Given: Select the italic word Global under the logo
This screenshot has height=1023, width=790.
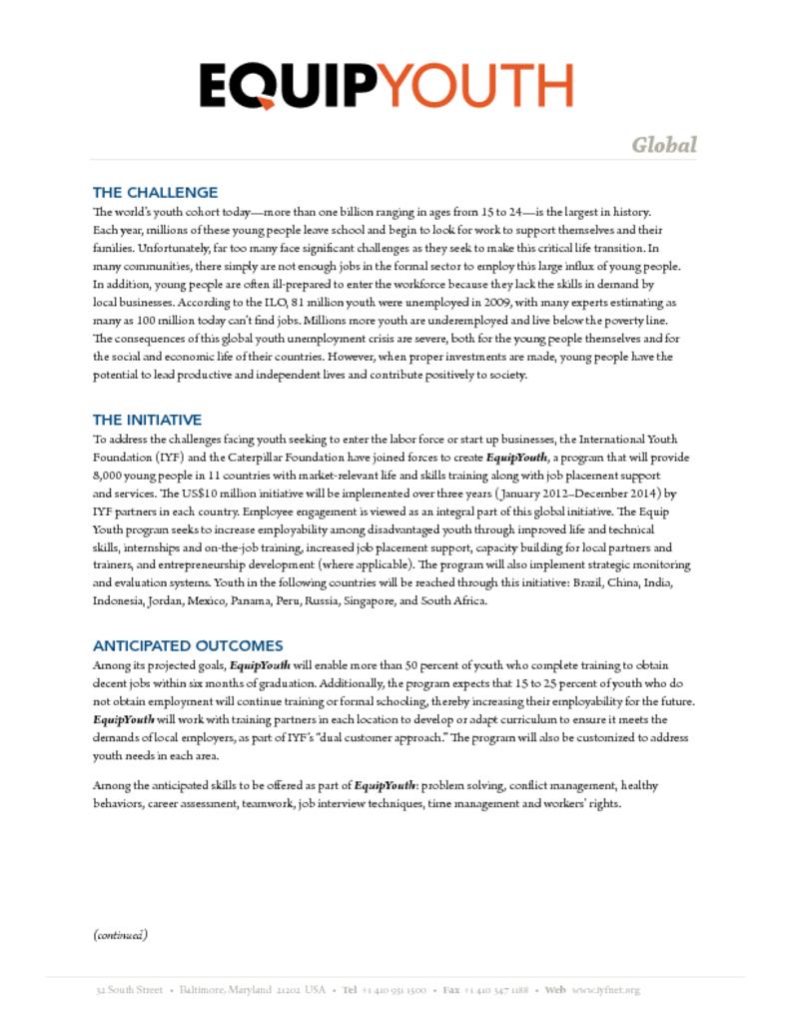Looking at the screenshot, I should click(x=663, y=145).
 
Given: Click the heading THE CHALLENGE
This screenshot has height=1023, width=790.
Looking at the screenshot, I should click(x=155, y=192).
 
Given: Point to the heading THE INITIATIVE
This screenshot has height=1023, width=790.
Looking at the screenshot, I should click(x=147, y=420).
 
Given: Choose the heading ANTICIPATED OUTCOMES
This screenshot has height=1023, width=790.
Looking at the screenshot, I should click(x=188, y=645).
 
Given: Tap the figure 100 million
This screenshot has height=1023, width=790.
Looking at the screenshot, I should click(x=169, y=319).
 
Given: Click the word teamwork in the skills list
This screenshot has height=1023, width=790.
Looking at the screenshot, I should click(x=267, y=804).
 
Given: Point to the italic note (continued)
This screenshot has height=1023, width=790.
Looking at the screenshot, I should click(x=121, y=935).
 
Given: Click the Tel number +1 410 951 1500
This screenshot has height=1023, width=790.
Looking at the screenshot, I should click(x=394, y=990).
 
